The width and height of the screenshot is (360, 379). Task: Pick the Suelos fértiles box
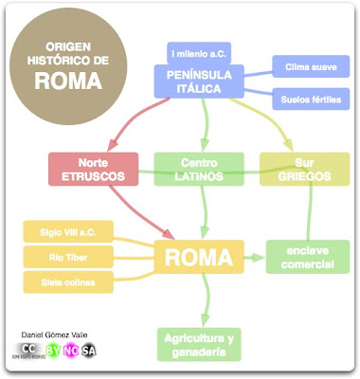pyautogui.click(x=307, y=99)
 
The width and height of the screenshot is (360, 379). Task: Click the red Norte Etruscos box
pyautogui.click(x=88, y=170)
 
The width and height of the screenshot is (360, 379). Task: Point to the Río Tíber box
pyautogui.click(x=61, y=256)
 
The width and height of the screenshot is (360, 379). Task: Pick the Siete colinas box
pyautogui.click(x=61, y=281)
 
